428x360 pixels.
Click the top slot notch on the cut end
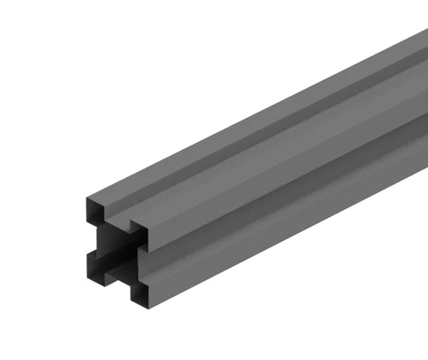pyautogui.click(x=119, y=218)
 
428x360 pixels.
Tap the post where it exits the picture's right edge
pyautogui.click(x=423, y=102)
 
